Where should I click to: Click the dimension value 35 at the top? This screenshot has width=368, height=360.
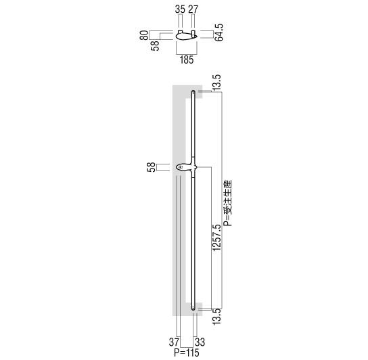[180, 9]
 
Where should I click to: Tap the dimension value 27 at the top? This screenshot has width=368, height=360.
[193, 9]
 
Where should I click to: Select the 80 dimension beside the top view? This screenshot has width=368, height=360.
[144, 35]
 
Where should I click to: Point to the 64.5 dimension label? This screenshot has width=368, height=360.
[219, 32]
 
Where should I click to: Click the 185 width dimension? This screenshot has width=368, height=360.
[187, 60]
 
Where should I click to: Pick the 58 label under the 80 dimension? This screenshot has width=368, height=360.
[155, 45]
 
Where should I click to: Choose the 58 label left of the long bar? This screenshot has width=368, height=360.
[152, 167]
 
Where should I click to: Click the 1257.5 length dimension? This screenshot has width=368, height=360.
[216, 238]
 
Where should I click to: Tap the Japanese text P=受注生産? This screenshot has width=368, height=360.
[228, 203]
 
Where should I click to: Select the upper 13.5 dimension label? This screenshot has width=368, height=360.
[216, 82]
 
